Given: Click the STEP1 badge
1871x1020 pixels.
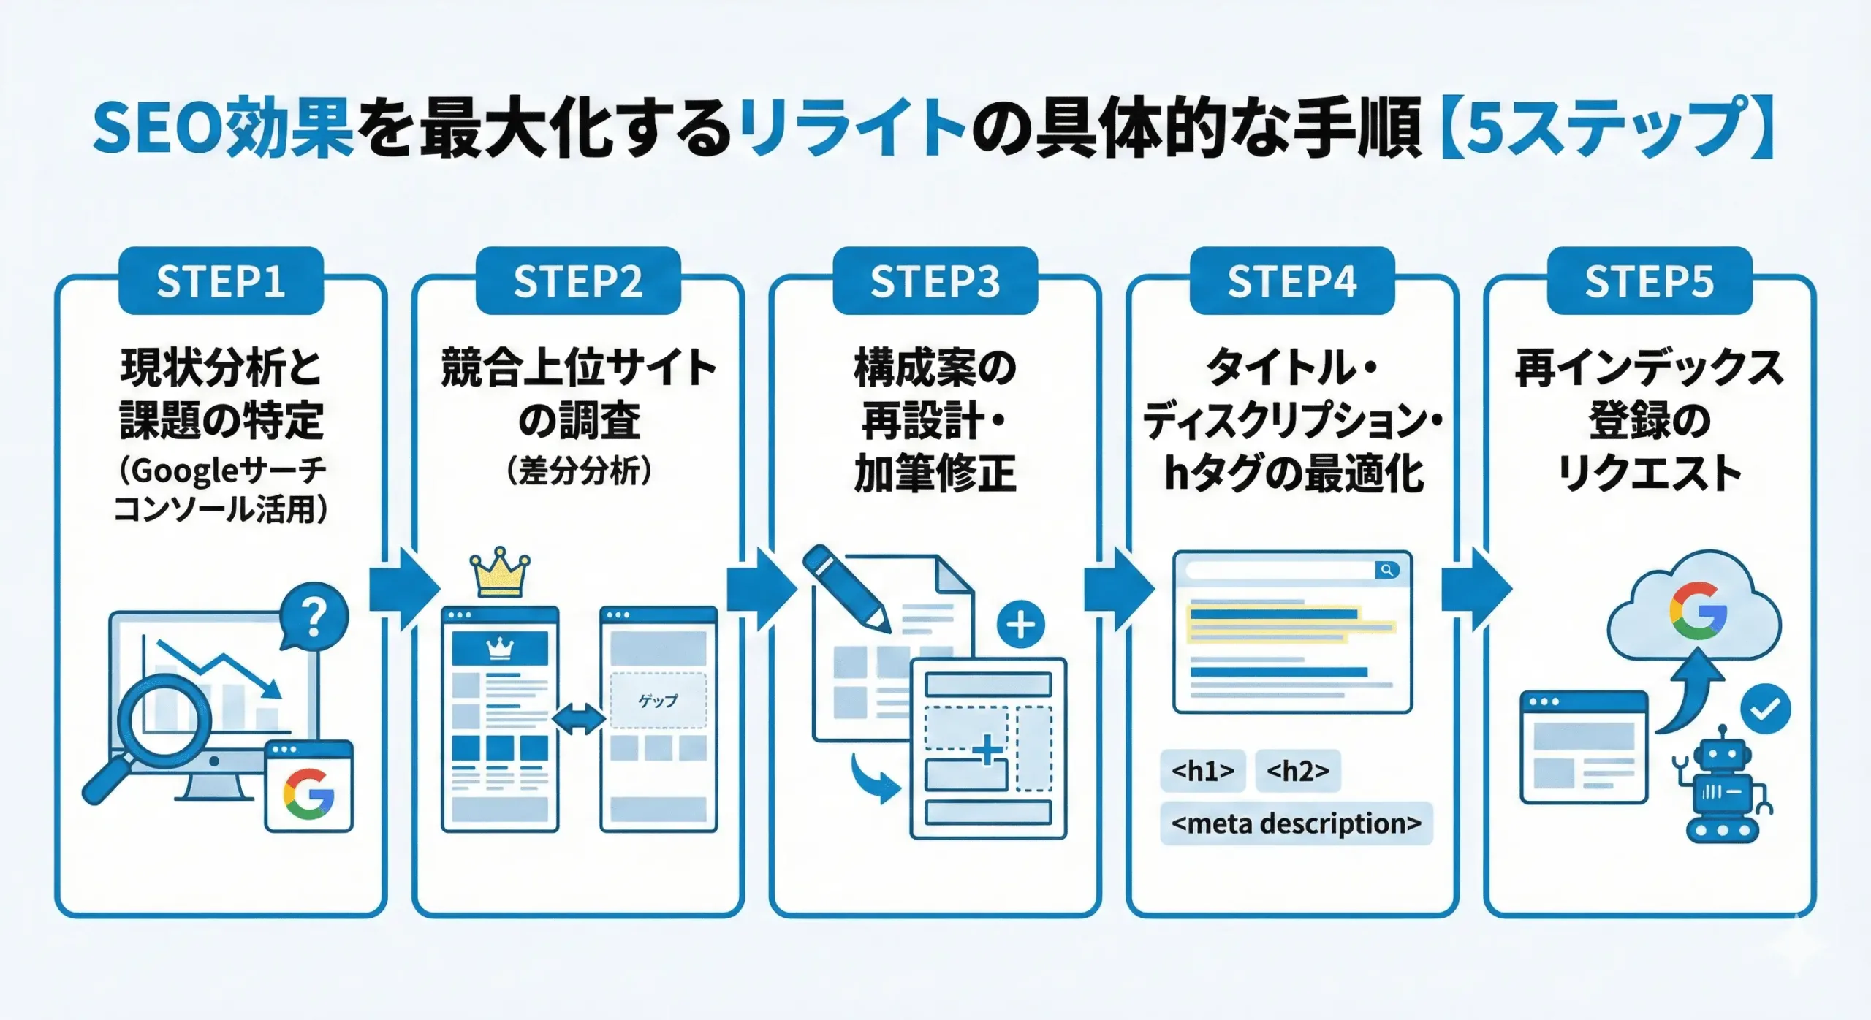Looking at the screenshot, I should (221, 281).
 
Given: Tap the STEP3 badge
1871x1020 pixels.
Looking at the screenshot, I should (935, 281).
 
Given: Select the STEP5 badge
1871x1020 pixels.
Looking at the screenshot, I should (1649, 281).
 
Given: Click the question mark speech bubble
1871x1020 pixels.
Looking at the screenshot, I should (314, 617).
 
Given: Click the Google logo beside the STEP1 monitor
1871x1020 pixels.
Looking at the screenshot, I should (308, 793).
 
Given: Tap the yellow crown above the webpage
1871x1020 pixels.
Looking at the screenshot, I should (500, 574).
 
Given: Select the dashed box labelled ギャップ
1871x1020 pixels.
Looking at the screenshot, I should (658, 701).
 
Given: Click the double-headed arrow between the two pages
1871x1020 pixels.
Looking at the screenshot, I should (579, 719).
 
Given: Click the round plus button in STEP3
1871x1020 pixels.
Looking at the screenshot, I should (1020, 625).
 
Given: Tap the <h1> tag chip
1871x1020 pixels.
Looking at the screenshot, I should (1202, 771).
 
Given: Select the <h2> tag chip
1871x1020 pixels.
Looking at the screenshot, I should (1297, 771).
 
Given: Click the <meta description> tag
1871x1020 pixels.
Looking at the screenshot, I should (1296, 824).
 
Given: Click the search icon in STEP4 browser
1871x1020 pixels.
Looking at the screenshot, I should (1386, 570).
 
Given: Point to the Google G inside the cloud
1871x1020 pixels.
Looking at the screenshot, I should (1698, 611).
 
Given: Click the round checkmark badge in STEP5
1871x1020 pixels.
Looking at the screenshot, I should (1765, 709).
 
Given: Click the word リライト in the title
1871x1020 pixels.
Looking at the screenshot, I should (851, 130).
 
